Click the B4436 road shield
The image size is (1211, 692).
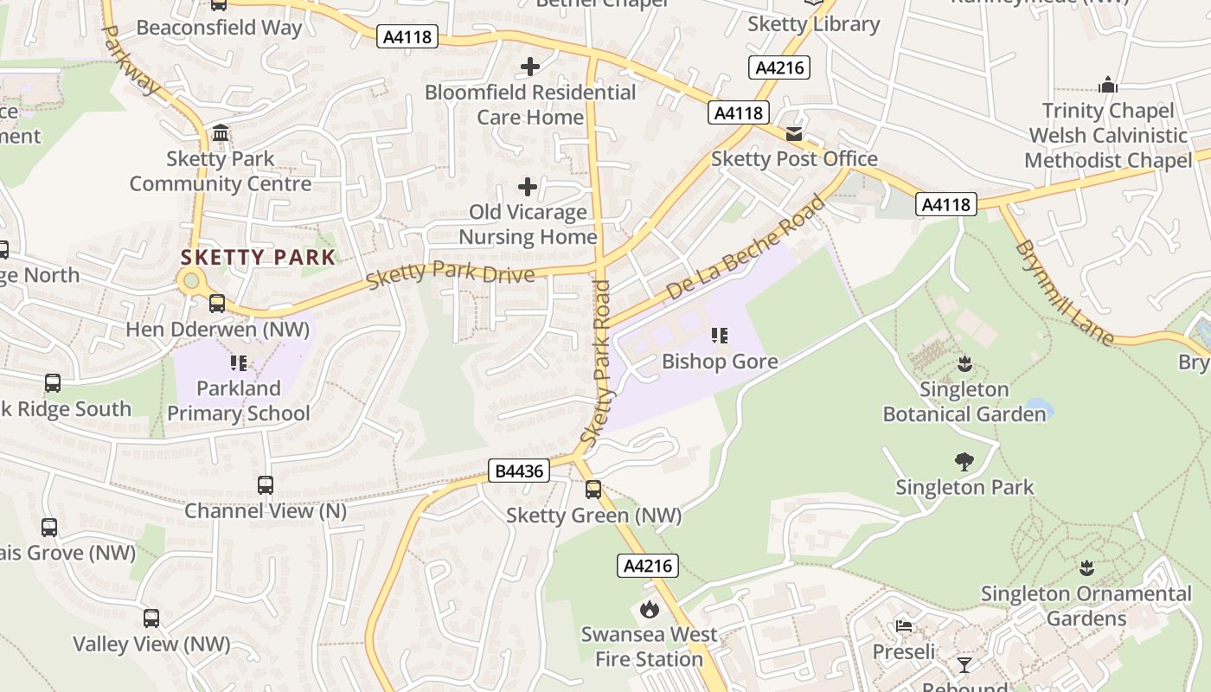point(519,471)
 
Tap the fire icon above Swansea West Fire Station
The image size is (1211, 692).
point(649,610)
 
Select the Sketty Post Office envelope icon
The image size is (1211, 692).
point(794,134)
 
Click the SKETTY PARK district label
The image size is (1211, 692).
point(258,257)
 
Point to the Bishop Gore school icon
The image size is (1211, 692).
point(720,336)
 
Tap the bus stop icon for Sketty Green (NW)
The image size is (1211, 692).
point(593,490)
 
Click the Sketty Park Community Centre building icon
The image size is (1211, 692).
point(221,133)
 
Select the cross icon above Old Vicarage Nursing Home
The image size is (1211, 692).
point(528,186)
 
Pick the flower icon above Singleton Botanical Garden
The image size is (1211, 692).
point(964,364)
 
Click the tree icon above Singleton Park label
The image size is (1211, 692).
point(964,462)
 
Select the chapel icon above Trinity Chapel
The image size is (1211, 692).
point(1108,85)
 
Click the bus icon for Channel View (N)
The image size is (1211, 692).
point(266,485)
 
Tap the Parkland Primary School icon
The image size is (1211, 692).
point(238,363)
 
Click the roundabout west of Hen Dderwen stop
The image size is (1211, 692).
point(191,280)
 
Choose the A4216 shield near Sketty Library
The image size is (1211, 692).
point(779,67)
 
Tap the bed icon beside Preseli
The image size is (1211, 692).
point(904,625)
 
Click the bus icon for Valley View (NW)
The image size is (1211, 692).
point(151,618)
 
